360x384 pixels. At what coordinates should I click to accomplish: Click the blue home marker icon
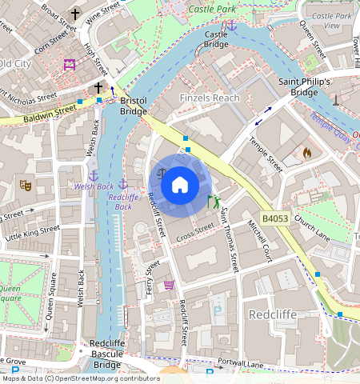point(180,185)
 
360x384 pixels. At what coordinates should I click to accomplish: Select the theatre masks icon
point(26,185)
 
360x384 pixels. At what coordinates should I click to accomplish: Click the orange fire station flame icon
point(306,152)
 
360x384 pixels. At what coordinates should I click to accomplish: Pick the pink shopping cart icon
point(169,285)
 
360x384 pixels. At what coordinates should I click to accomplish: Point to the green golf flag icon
point(213,202)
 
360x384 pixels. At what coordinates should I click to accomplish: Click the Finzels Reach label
point(210,98)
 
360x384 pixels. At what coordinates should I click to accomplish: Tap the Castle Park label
point(211,10)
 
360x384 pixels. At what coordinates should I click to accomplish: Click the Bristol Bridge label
point(133,106)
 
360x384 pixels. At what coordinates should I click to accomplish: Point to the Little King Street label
point(33,233)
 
